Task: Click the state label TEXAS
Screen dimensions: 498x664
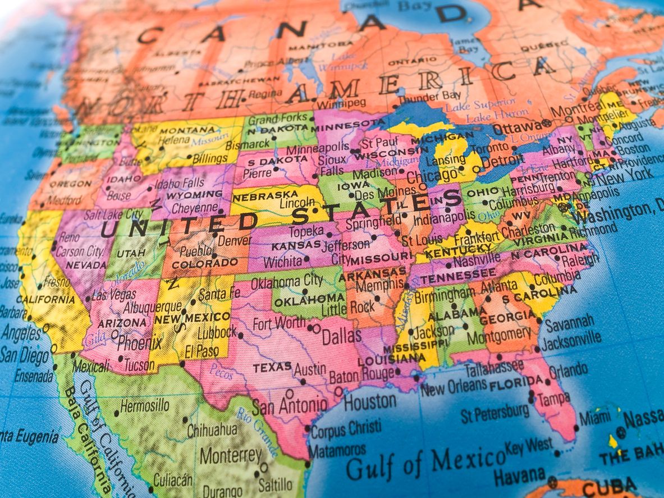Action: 272,368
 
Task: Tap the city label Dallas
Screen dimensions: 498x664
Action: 341,336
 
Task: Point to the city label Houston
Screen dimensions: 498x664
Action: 370,402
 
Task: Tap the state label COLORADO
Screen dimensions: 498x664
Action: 205,263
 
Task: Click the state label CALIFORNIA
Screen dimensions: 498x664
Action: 45,299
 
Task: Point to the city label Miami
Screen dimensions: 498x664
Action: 594,418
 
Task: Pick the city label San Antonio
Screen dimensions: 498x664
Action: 289,405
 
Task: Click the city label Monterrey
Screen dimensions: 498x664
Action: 231,454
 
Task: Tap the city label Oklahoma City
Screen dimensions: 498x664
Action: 287,281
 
